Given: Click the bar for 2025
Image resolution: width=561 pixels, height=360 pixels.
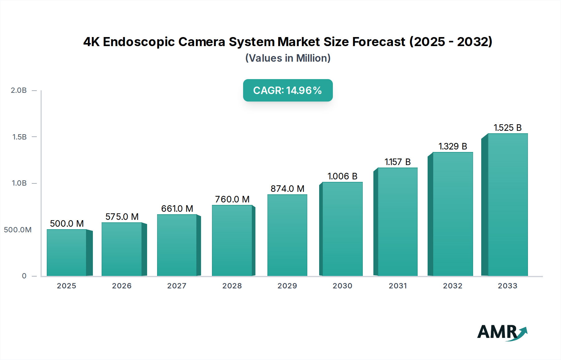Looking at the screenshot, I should [66, 253].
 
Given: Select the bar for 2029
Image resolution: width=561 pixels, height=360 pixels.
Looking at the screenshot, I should [287, 235].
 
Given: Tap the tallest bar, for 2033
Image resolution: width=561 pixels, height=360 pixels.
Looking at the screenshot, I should [507, 205].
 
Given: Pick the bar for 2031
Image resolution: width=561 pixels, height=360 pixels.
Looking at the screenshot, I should [397, 222].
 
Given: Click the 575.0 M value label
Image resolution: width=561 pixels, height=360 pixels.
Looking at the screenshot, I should [122, 217].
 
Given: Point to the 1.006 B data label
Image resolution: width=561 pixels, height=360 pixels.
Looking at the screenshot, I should [342, 176].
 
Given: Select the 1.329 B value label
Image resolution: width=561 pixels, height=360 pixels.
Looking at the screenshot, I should [453, 146].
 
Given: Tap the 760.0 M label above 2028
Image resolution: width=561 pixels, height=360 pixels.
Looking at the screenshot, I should [232, 199].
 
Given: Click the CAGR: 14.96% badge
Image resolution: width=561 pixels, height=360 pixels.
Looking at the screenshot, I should [288, 90].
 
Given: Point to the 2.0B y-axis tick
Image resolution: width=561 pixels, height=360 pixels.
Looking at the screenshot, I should [19, 90].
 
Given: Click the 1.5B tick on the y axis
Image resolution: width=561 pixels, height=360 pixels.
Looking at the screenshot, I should [19, 137].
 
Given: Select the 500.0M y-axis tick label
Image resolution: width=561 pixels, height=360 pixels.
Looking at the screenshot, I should [18, 230].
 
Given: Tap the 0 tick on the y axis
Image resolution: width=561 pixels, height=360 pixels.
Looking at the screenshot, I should [24, 276].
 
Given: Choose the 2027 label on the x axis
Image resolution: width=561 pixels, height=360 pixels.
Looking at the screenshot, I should [177, 286].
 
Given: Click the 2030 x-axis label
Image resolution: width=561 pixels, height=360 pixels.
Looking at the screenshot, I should [342, 286].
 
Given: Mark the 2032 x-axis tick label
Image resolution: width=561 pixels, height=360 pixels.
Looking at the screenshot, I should [453, 286].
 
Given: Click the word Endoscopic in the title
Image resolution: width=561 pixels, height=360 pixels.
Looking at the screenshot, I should [139, 42].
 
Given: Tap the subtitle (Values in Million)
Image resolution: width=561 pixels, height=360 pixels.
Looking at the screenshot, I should [288, 58].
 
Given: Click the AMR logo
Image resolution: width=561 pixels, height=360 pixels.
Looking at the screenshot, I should [502, 332].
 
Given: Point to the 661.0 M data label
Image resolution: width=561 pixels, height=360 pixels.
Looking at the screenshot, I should [177, 209].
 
